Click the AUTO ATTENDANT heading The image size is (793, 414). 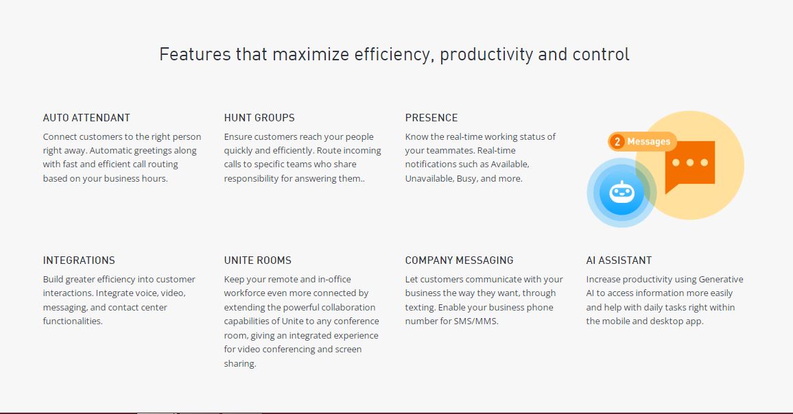(x=86, y=118)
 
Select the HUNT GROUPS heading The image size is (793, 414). (x=259, y=118)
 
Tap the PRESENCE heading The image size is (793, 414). (x=431, y=118)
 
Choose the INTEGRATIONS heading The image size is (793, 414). (x=79, y=260)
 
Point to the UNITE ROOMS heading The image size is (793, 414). (x=258, y=260)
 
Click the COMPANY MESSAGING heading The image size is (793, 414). (x=459, y=260)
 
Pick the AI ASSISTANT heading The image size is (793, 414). (x=619, y=260)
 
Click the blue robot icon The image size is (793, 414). (x=622, y=193)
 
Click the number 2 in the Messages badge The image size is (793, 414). (x=617, y=142)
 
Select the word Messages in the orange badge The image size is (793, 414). (x=649, y=141)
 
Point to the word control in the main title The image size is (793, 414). (x=601, y=54)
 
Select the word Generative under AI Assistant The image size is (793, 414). (x=721, y=279)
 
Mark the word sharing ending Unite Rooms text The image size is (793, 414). (x=240, y=363)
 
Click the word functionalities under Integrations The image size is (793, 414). (x=73, y=321)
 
